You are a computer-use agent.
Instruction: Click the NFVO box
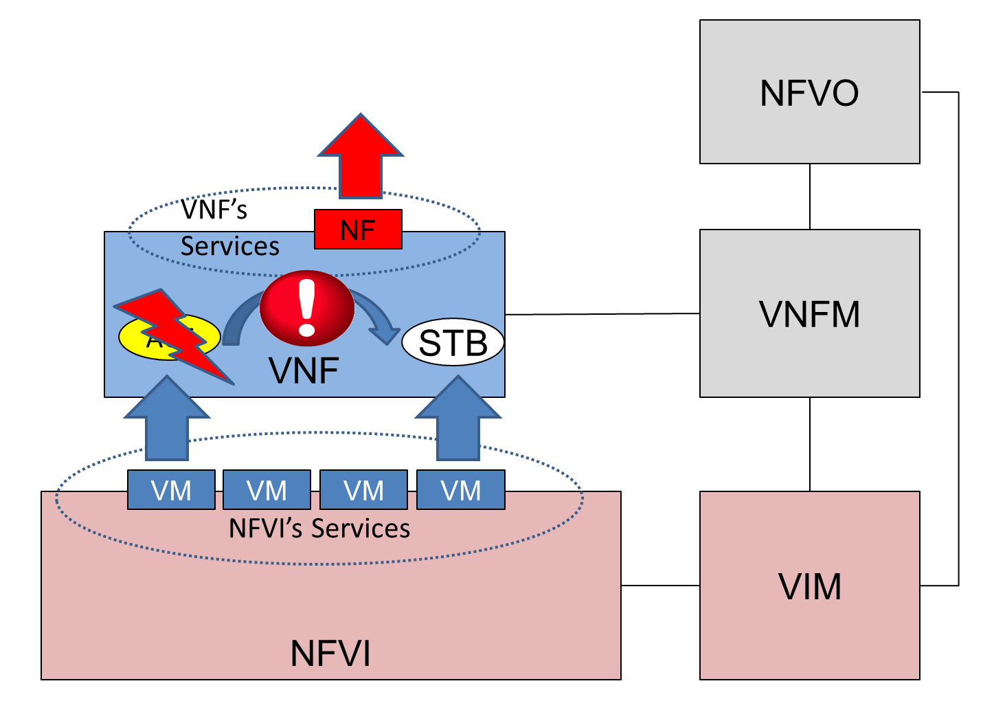pos(809,92)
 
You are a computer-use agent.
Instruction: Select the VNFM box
pos(809,313)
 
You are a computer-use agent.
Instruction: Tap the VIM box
pos(809,586)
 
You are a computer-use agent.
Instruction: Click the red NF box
pos(358,230)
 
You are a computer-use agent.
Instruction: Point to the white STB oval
pos(453,342)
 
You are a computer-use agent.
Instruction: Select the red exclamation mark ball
pos(307,308)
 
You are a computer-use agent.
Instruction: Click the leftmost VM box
pos(171,490)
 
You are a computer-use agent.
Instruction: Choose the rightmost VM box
pos(461,490)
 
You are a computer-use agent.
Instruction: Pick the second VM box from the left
pos(267,490)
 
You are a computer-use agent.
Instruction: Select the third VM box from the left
pos(363,490)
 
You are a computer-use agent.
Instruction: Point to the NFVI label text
pos(330,653)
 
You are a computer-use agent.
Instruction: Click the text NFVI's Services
pos(319,529)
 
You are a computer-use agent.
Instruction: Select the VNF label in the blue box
pos(304,370)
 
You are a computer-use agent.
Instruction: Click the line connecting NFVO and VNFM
pos(810,197)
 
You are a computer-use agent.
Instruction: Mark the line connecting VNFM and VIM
pos(810,444)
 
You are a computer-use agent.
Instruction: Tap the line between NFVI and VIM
pos(660,586)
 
